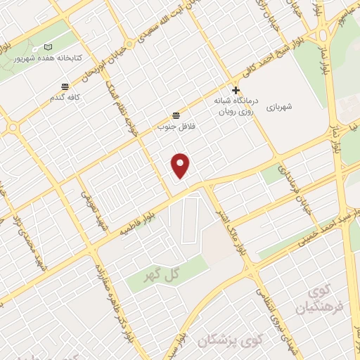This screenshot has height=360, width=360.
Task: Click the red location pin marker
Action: (x=181, y=165)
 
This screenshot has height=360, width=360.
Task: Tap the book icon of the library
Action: (x=48, y=46)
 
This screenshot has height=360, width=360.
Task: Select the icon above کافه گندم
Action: (x=65, y=86)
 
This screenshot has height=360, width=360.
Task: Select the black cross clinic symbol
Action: (x=236, y=90)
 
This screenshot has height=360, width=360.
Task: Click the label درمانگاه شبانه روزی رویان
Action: (x=235, y=105)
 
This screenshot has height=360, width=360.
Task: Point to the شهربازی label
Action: (x=278, y=107)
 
